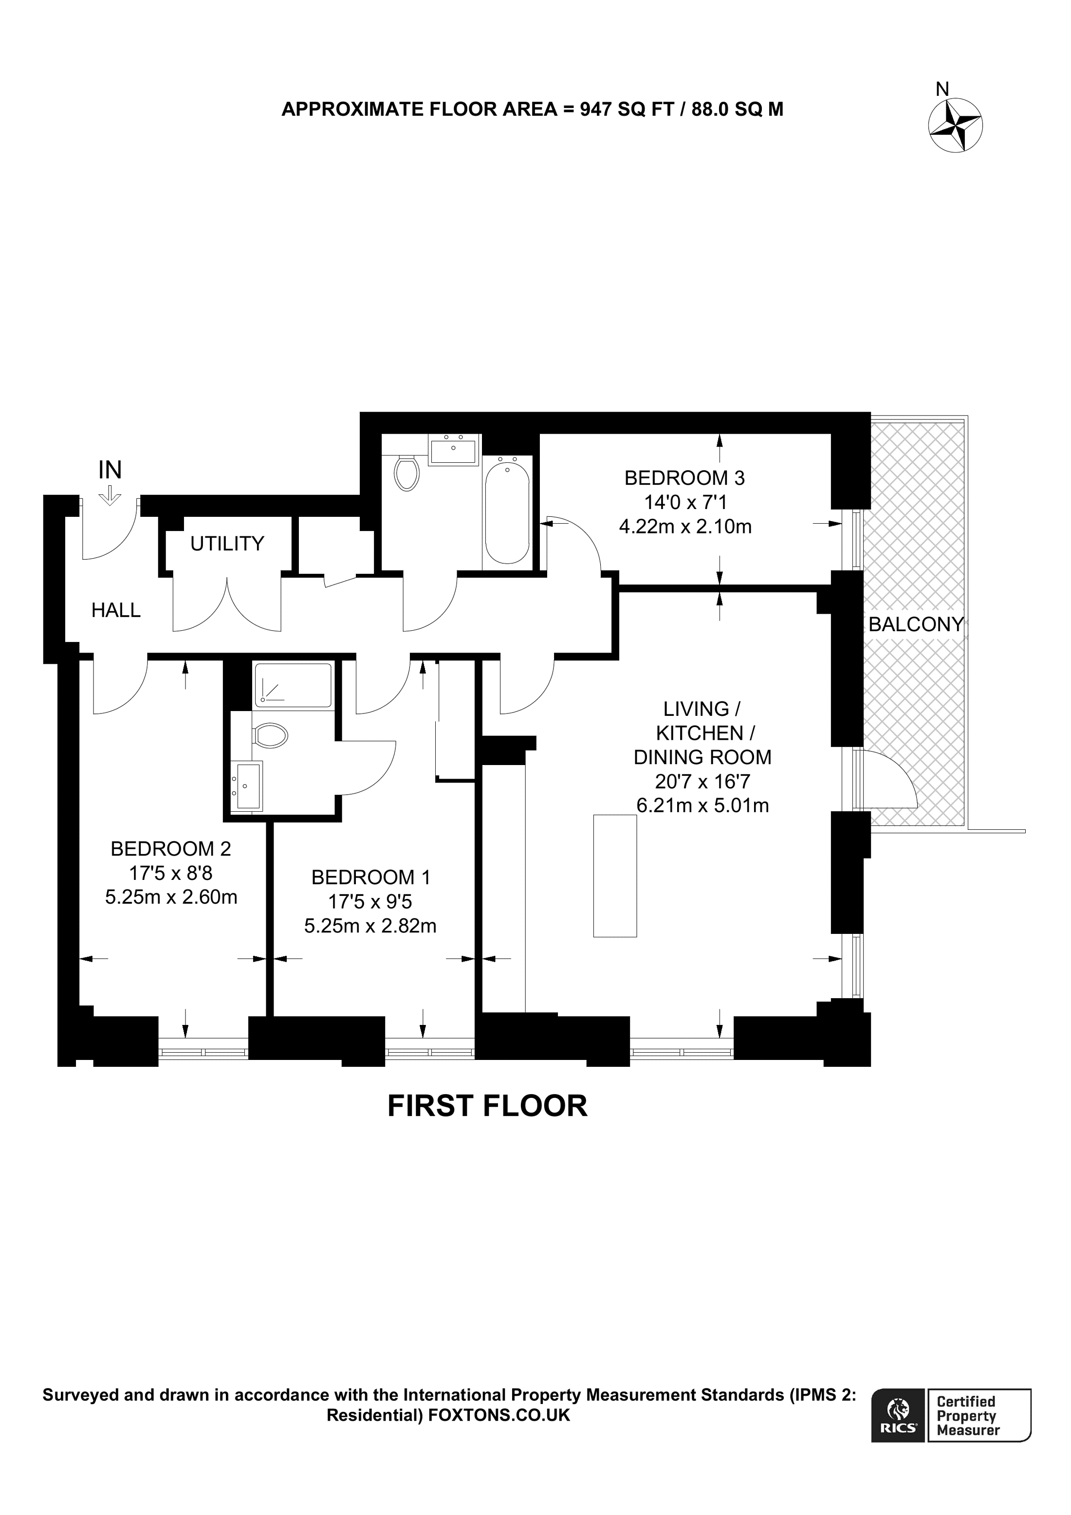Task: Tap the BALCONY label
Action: point(916,624)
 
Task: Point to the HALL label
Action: point(116,610)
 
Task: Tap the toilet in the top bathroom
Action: point(406,473)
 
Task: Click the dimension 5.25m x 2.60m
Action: point(171,897)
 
